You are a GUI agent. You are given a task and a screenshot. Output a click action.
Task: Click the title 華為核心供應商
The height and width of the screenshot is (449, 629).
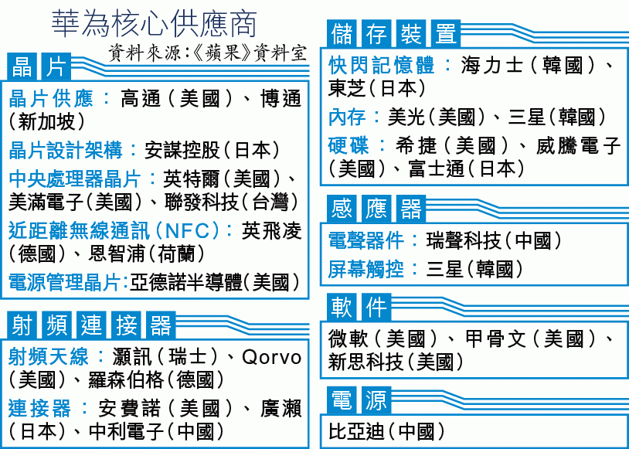pos(154,25)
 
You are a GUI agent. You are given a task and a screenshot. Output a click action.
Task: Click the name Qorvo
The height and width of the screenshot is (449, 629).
pos(271,357)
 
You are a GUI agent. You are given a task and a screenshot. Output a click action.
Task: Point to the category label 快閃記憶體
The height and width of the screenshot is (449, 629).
pos(381,66)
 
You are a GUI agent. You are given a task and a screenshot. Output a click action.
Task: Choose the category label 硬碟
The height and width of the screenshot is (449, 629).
pos(348,145)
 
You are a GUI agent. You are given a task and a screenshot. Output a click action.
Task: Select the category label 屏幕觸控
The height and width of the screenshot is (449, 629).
pos(365,269)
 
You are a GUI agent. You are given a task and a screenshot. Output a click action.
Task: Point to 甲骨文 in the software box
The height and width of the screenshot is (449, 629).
pos(495,339)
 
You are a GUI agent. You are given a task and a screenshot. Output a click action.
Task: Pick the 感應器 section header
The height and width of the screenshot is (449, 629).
pos(376,208)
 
